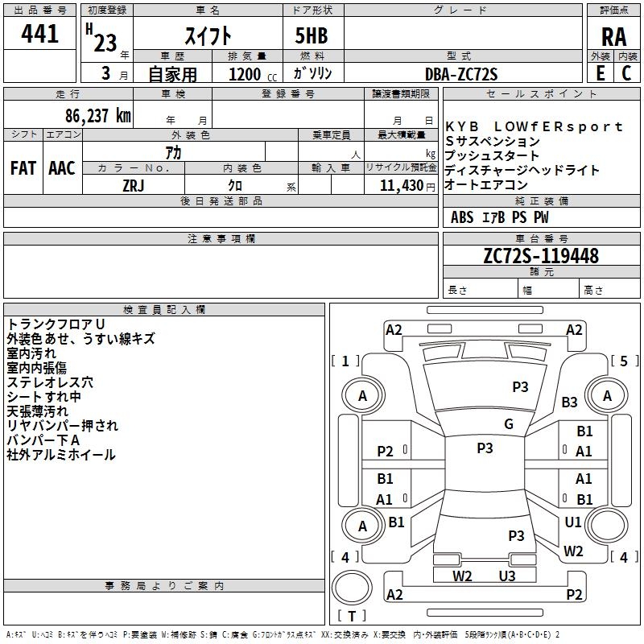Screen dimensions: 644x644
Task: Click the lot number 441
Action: (x=40, y=35)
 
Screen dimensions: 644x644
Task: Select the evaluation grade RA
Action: (x=613, y=37)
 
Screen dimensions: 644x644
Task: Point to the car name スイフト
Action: (x=208, y=36)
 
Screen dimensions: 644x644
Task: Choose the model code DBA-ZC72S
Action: (x=461, y=74)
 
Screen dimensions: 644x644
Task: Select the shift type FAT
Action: (x=23, y=168)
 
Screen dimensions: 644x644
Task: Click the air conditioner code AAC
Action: (x=62, y=168)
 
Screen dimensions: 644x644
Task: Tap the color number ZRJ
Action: (x=133, y=185)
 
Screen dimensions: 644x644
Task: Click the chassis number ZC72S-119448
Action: (x=541, y=256)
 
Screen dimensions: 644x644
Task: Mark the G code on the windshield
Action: (x=508, y=423)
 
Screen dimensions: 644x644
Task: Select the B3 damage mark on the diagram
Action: (x=570, y=402)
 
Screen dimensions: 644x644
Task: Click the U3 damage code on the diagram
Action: (x=506, y=576)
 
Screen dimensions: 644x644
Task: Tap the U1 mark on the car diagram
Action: (x=573, y=522)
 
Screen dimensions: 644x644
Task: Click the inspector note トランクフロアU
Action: (x=56, y=324)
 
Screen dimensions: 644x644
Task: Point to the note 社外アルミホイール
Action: (x=61, y=455)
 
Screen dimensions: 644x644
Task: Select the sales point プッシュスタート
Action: (x=492, y=156)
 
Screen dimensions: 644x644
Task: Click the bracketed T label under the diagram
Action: (x=352, y=617)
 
